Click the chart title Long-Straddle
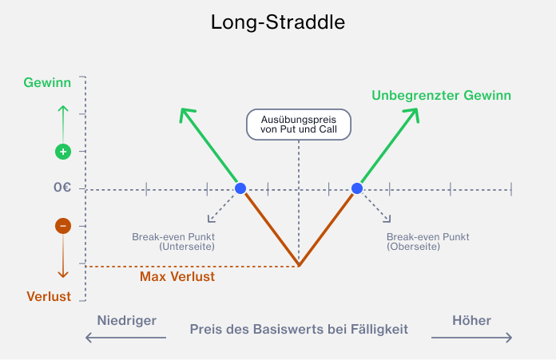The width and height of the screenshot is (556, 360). [x=278, y=22]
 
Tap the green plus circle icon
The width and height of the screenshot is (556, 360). [x=63, y=152]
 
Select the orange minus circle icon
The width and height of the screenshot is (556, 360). [x=63, y=226]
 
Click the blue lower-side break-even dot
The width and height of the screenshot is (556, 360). [x=240, y=188]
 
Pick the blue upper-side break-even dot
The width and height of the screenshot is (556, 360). [x=357, y=188]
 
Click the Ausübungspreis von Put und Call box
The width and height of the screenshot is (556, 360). [x=299, y=125]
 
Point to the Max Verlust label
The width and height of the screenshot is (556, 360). [x=177, y=276]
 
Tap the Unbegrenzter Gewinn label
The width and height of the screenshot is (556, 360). [x=441, y=95]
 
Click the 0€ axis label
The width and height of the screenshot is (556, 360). [x=62, y=187]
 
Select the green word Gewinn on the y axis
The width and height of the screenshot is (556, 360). [x=47, y=82]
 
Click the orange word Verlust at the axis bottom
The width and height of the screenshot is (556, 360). [x=49, y=297]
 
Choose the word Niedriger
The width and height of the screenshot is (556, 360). [x=127, y=320]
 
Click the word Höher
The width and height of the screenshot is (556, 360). [x=471, y=320]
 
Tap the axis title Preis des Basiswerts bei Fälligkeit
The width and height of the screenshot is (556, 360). [x=299, y=329]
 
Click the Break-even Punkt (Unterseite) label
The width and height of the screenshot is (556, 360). [x=173, y=242]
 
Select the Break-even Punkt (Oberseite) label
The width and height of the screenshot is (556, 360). [x=427, y=242]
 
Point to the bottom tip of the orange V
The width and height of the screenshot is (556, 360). [x=299, y=265]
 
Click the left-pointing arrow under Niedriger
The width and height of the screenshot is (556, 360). [x=125, y=338]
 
